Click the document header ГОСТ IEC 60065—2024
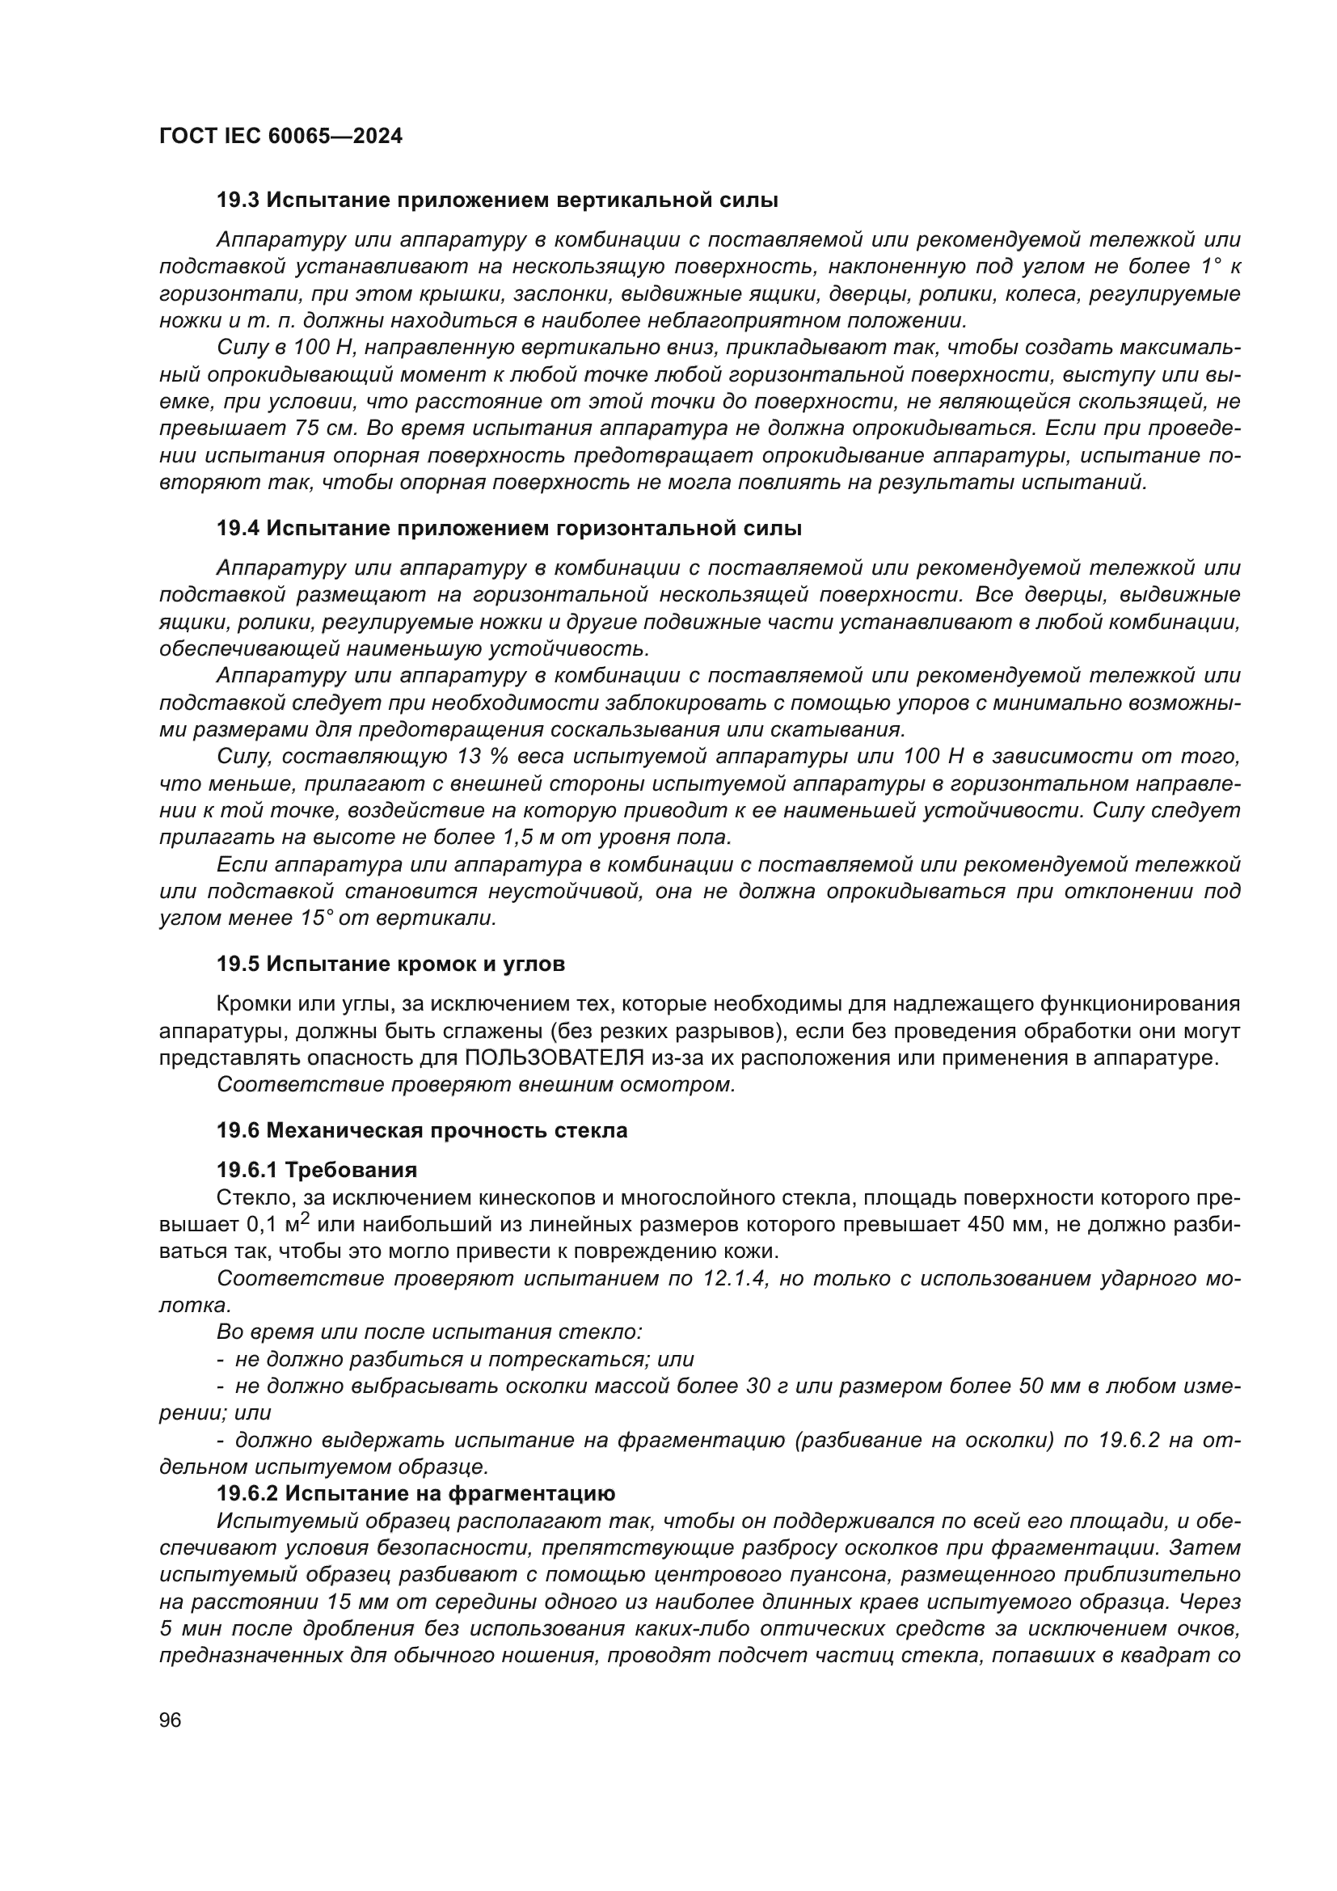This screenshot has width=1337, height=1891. [x=280, y=137]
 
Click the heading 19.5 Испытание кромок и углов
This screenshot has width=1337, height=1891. [x=390, y=964]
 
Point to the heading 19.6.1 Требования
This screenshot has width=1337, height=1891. [x=316, y=1170]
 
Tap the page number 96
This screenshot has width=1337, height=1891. [x=171, y=1720]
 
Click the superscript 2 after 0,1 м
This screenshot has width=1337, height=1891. [x=304, y=1219]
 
